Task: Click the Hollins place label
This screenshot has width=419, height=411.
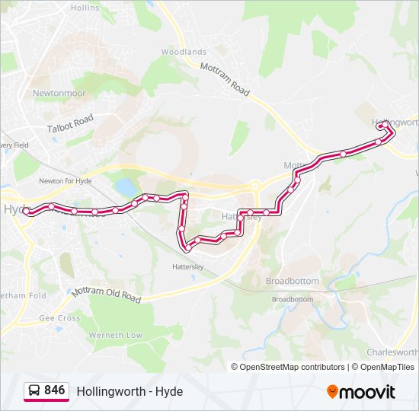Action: [x=85, y=8]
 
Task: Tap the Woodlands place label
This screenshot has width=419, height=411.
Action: [x=184, y=52]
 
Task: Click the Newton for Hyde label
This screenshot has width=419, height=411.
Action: [x=66, y=181]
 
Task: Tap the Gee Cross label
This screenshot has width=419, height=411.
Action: [x=59, y=318]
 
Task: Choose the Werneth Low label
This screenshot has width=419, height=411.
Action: [x=115, y=335]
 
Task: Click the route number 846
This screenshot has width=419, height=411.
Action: [x=54, y=390]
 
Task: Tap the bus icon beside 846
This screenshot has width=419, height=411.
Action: [x=34, y=391]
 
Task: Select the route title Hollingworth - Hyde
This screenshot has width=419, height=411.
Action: [x=130, y=391]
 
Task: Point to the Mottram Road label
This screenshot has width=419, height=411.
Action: [x=225, y=79]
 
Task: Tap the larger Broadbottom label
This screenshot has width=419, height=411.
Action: [x=293, y=281]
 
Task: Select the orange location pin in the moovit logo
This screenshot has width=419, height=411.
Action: [x=332, y=392]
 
